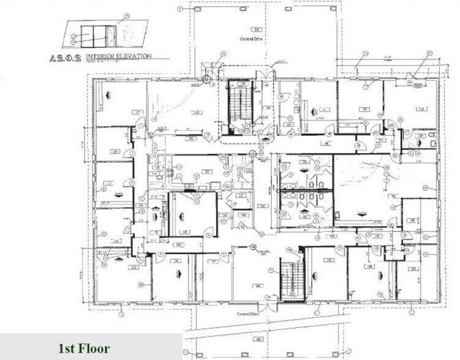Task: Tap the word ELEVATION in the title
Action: pyautogui.click(x=137, y=55)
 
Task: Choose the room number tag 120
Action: pyautogui.click(x=421, y=109)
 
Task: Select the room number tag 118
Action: pyautogui.click(x=197, y=111)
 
